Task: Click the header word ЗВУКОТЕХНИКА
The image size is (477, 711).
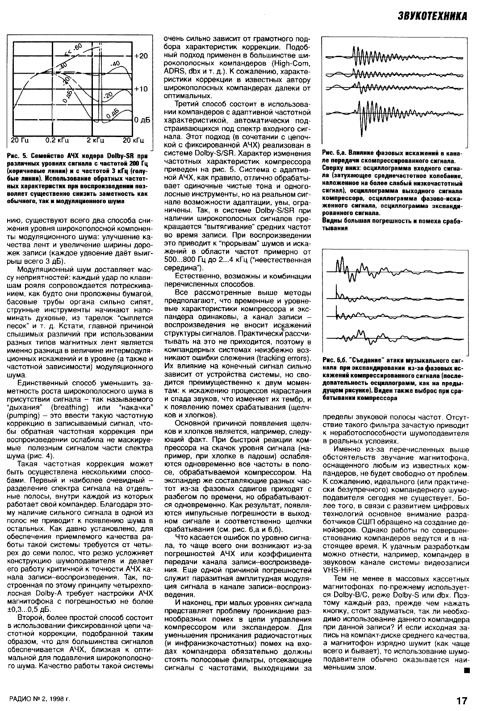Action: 432,17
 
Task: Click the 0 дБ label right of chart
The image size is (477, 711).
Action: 143,120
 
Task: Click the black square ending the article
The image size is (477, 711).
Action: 466,670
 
